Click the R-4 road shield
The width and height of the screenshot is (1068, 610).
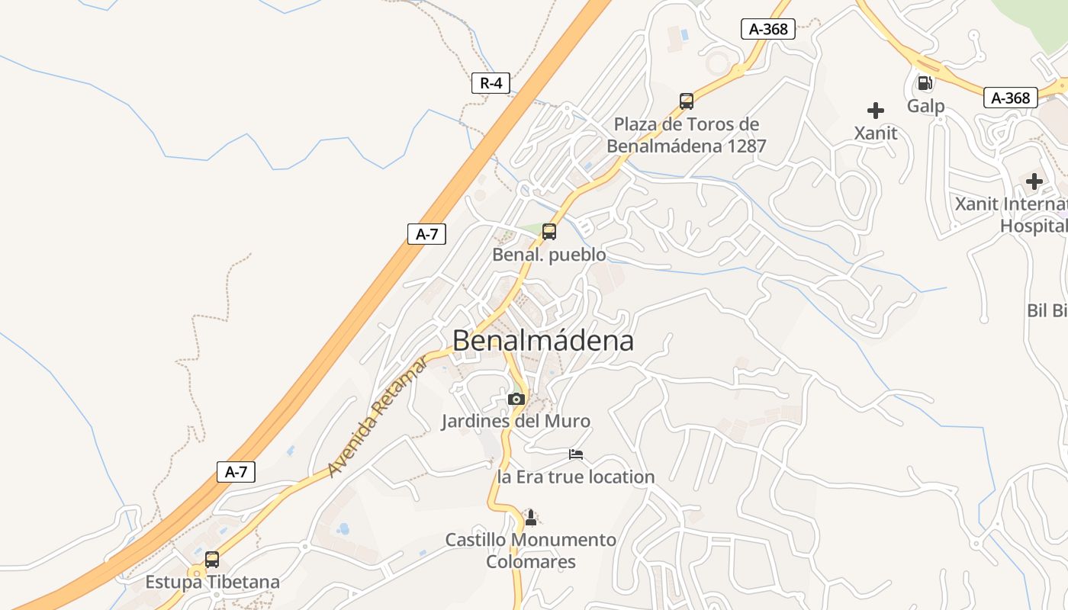click(491, 83)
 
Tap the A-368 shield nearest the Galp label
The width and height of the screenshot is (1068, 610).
click(1011, 98)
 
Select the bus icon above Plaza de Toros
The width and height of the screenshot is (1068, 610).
click(687, 101)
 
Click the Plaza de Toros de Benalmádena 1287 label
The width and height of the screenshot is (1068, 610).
click(687, 135)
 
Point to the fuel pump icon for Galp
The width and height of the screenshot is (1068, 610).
click(925, 83)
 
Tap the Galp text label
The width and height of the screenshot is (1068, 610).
click(925, 106)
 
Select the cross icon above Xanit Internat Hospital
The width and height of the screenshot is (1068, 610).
click(1034, 181)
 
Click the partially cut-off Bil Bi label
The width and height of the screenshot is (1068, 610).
click(1047, 310)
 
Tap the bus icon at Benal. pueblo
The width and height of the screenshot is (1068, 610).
click(549, 232)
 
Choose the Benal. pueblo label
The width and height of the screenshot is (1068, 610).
click(549, 255)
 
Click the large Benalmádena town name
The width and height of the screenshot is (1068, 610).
click(543, 341)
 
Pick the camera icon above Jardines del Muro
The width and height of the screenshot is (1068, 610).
click(516, 399)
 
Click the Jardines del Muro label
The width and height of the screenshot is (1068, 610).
click(516, 421)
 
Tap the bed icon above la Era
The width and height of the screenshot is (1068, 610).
click(576, 454)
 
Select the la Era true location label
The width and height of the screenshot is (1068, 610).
click(576, 477)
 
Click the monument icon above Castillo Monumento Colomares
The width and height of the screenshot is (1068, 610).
click(531, 518)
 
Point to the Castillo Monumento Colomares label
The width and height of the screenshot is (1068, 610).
click(531, 551)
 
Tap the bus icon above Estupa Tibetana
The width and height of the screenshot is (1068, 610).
click(212, 560)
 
